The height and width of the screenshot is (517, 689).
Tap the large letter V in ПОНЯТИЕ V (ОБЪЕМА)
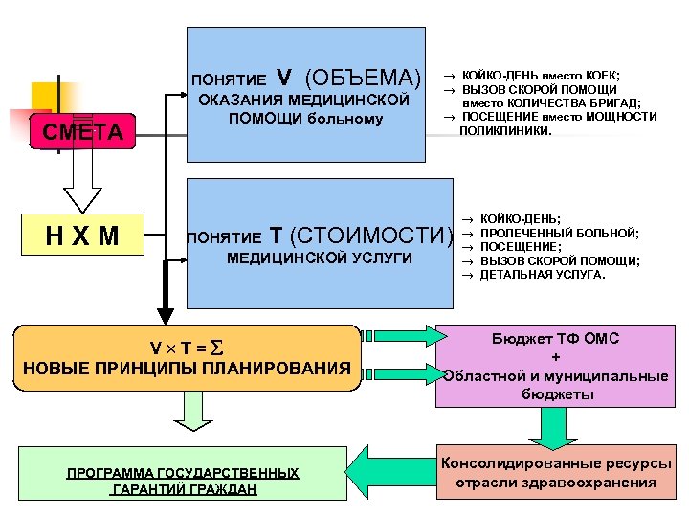click(283, 78)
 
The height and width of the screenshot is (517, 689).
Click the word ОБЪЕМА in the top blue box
click(364, 78)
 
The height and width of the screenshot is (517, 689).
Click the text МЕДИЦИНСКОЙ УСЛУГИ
click(319, 258)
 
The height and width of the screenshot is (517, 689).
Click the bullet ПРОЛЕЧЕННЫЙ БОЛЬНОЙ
click(559, 233)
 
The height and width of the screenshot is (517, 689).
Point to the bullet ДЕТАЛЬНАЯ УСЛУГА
click(542, 274)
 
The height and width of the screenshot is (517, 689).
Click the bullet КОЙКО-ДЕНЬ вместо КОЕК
click(540, 75)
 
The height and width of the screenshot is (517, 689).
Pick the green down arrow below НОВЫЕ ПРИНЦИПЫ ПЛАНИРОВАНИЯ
click(192, 411)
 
